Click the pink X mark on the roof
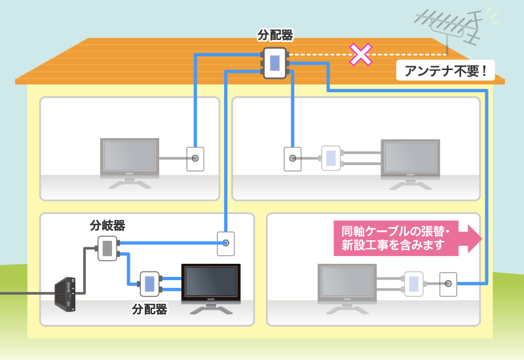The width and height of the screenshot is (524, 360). point(360,54)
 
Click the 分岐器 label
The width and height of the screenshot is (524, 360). point(107,226)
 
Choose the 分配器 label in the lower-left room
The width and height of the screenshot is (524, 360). point(149,308)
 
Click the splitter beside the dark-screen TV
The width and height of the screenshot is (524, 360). point(149,283)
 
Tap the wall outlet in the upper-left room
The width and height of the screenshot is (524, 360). point(195,158)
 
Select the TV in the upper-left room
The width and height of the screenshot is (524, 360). point(129,159)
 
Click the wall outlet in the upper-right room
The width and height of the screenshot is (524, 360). point(292,158)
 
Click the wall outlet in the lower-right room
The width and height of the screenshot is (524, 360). point(448,284)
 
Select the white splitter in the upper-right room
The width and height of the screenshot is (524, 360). point(330,158)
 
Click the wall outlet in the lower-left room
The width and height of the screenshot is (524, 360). point(226,243)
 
